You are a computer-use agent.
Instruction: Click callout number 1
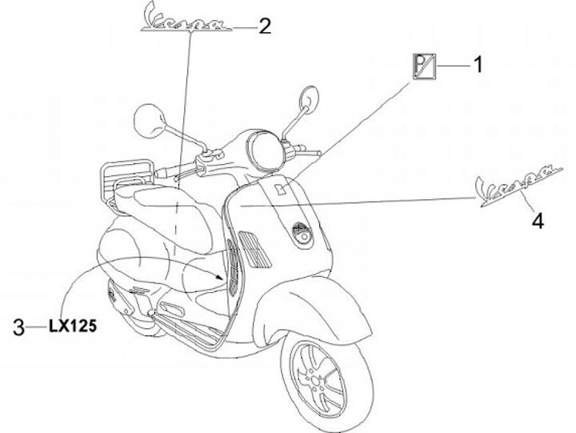(x=478, y=63)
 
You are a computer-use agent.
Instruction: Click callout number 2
(x=263, y=26)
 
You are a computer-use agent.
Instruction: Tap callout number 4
(x=538, y=220)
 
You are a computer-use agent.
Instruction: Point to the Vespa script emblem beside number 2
(x=186, y=18)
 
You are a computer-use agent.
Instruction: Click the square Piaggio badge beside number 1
(x=423, y=64)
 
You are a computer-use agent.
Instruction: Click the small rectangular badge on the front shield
(x=281, y=189)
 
